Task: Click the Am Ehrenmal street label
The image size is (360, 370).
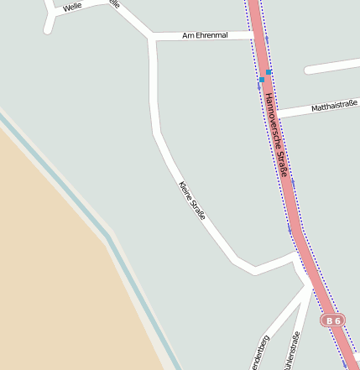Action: tap(206, 36)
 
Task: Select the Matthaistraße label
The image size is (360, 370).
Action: tap(334, 107)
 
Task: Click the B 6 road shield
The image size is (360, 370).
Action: tap(333, 320)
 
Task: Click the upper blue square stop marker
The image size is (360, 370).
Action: tap(268, 73)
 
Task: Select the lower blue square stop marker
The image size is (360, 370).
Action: tap(262, 80)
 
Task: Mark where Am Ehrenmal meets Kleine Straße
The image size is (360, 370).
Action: tap(152, 38)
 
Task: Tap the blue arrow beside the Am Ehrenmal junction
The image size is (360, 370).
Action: tap(266, 39)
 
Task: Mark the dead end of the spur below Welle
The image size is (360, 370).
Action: tap(47, 31)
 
